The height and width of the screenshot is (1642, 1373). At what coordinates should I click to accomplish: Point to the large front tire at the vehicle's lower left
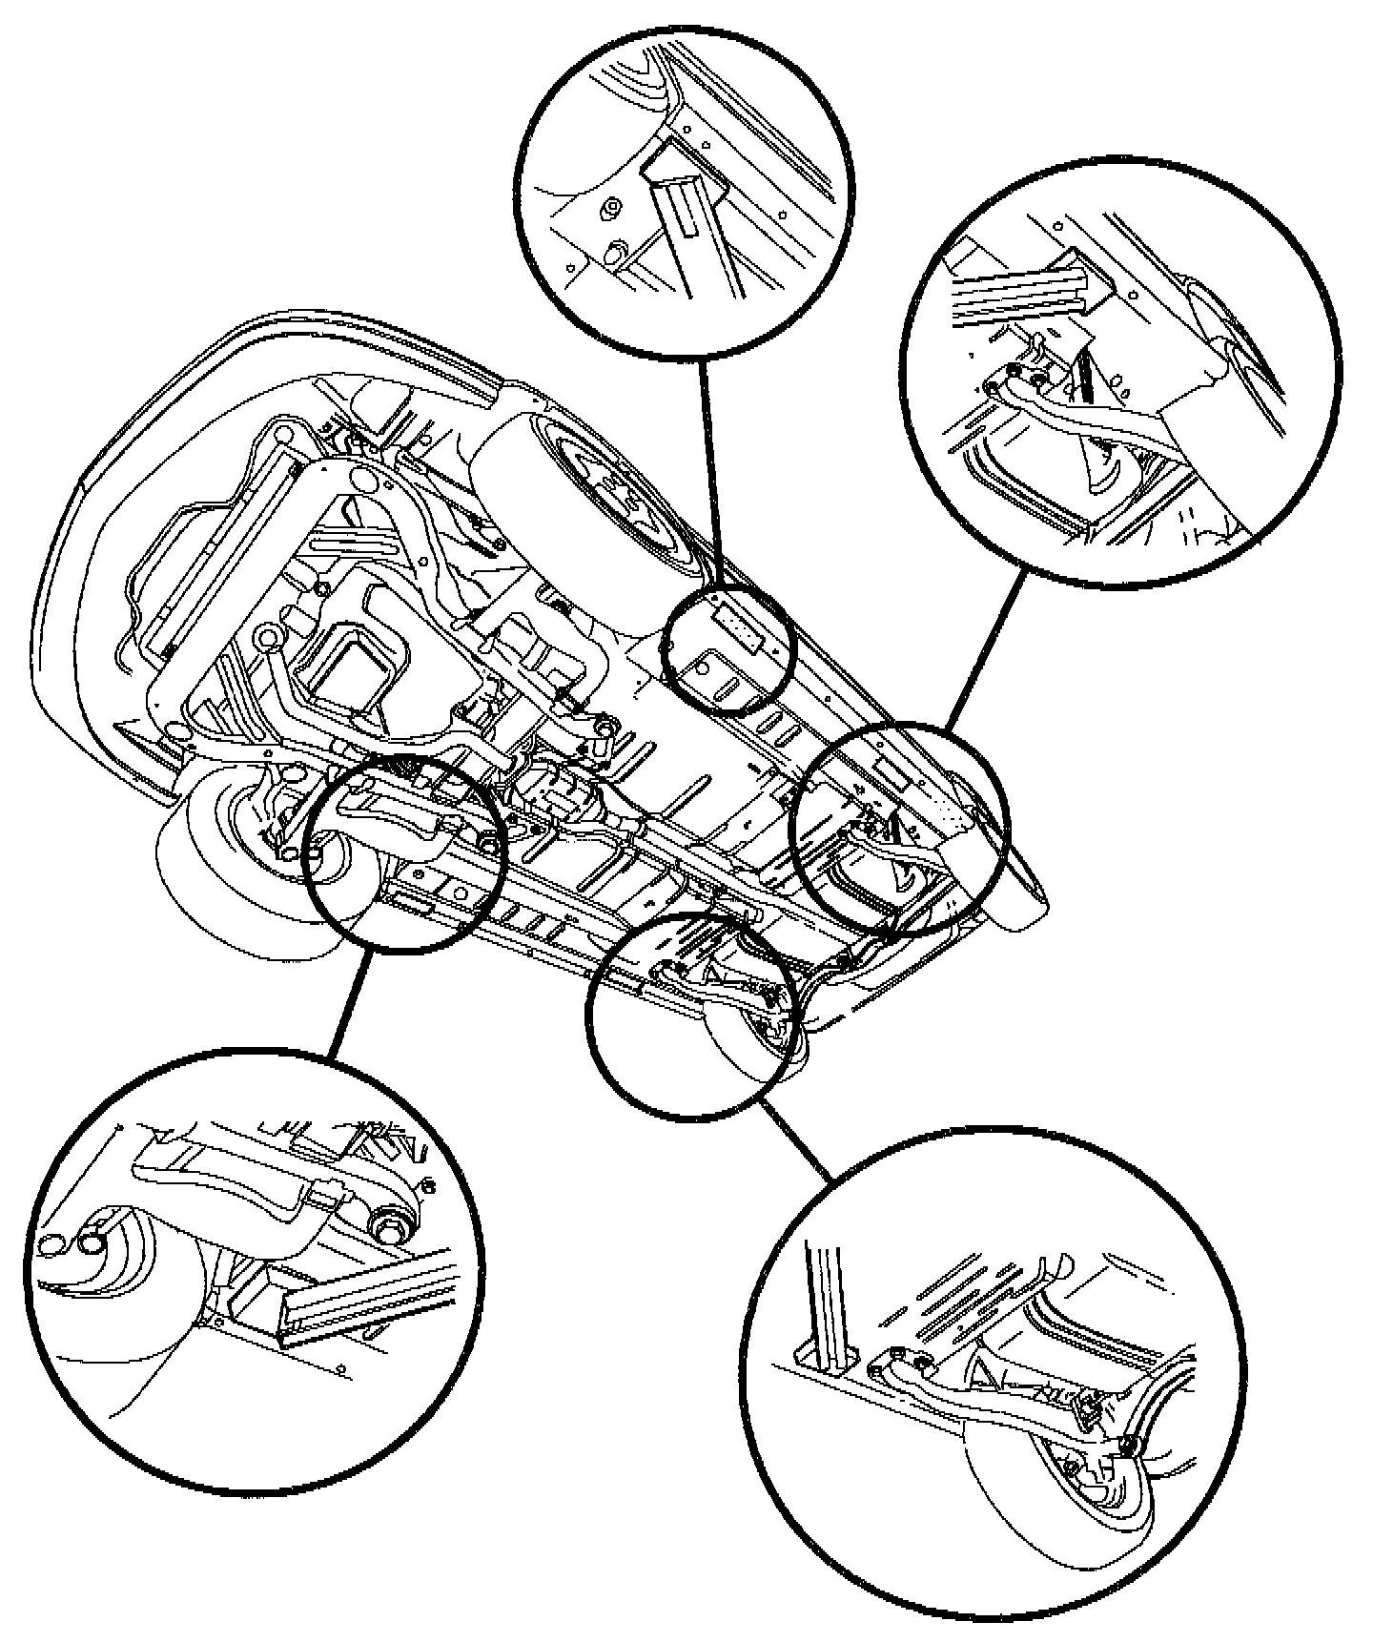238,877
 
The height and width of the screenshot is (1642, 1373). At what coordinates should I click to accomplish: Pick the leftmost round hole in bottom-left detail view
50,1244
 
